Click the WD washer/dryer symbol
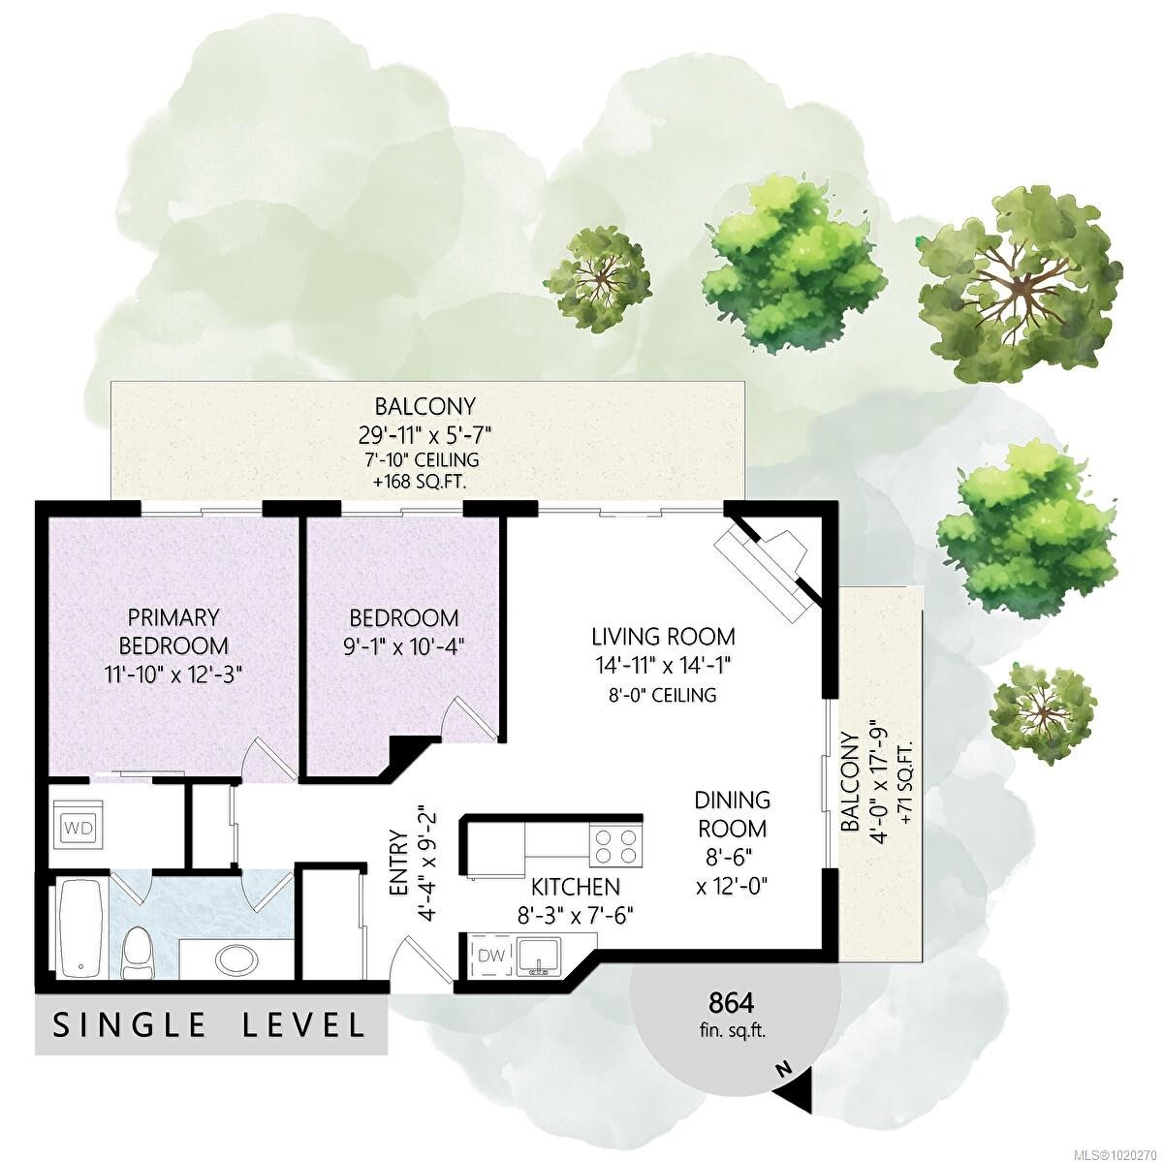[79, 827]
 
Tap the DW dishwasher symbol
[493, 972]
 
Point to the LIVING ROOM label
[663, 636]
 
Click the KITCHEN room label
[575, 887]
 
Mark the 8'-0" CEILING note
[662, 695]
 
